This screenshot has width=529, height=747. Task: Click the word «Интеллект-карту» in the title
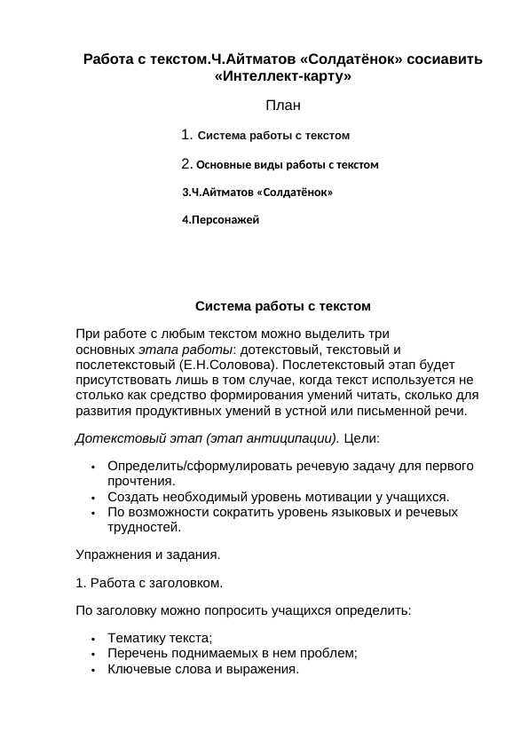click(x=283, y=76)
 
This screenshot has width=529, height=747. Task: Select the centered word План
click(x=283, y=106)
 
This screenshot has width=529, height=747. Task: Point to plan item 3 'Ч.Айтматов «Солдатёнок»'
click(x=257, y=192)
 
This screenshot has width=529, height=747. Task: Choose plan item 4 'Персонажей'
click(x=221, y=219)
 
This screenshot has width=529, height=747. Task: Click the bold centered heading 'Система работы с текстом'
click(x=282, y=306)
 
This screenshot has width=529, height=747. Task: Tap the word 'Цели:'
click(x=361, y=438)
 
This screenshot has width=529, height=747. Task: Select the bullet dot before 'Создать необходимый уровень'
click(x=93, y=498)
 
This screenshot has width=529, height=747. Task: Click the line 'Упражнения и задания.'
click(x=147, y=554)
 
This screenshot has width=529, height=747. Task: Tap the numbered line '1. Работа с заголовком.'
click(x=149, y=583)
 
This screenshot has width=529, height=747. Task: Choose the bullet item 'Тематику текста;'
click(x=160, y=638)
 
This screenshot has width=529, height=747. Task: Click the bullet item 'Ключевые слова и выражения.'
click(x=203, y=669)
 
